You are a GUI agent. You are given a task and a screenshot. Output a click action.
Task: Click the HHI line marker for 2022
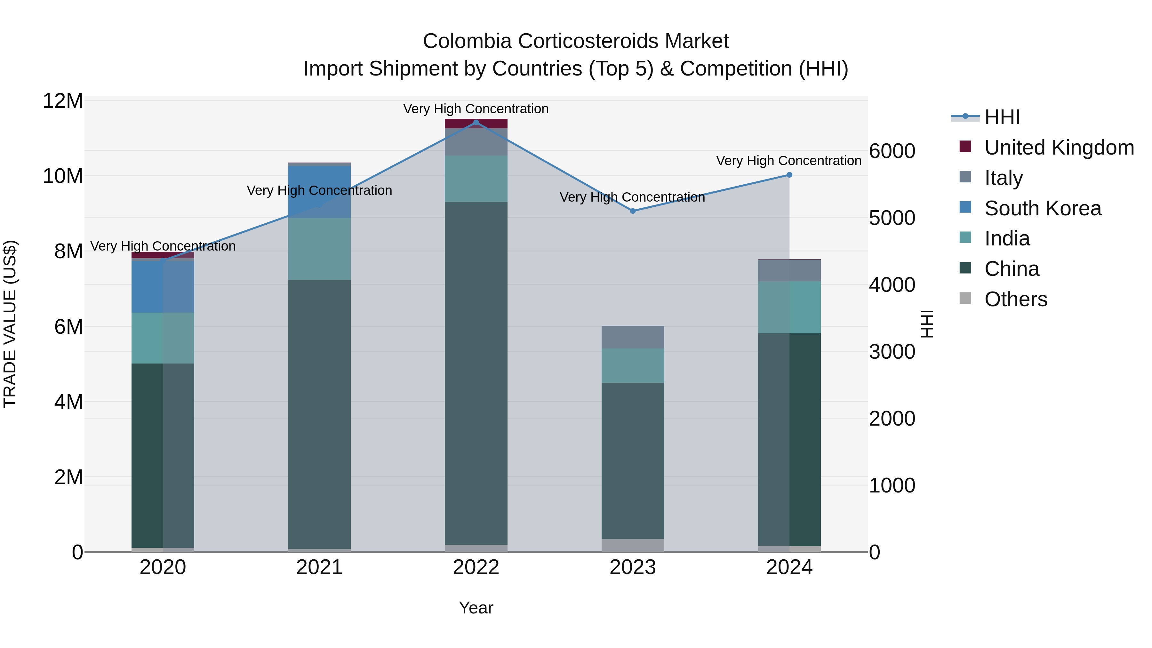coord(476,123)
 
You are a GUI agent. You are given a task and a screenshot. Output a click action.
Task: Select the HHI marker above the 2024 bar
coord(789,175)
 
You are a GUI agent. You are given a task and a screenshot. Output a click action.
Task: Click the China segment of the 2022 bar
coord(476,373)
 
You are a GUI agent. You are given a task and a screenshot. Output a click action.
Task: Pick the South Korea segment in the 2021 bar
coord(319,192)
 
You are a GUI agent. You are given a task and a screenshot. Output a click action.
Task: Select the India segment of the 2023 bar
coord(633,365)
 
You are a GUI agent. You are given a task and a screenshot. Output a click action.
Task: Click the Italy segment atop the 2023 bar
coord(633,337)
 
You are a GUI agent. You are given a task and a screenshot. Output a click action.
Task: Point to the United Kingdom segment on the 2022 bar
coord(476,124)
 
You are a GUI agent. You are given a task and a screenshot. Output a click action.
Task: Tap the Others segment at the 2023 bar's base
coord(633,545)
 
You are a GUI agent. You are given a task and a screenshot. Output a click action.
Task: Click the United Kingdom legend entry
coord(1059,148)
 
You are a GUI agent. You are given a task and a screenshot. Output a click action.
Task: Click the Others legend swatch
coord(965,298)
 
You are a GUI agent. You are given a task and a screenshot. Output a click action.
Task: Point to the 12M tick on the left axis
coord(63,101)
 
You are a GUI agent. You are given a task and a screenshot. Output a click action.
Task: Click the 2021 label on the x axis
coord(319,567)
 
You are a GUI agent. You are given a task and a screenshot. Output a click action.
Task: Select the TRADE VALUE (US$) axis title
coord(10,324)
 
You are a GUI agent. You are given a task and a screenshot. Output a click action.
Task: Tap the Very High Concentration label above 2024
coord(788,161)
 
